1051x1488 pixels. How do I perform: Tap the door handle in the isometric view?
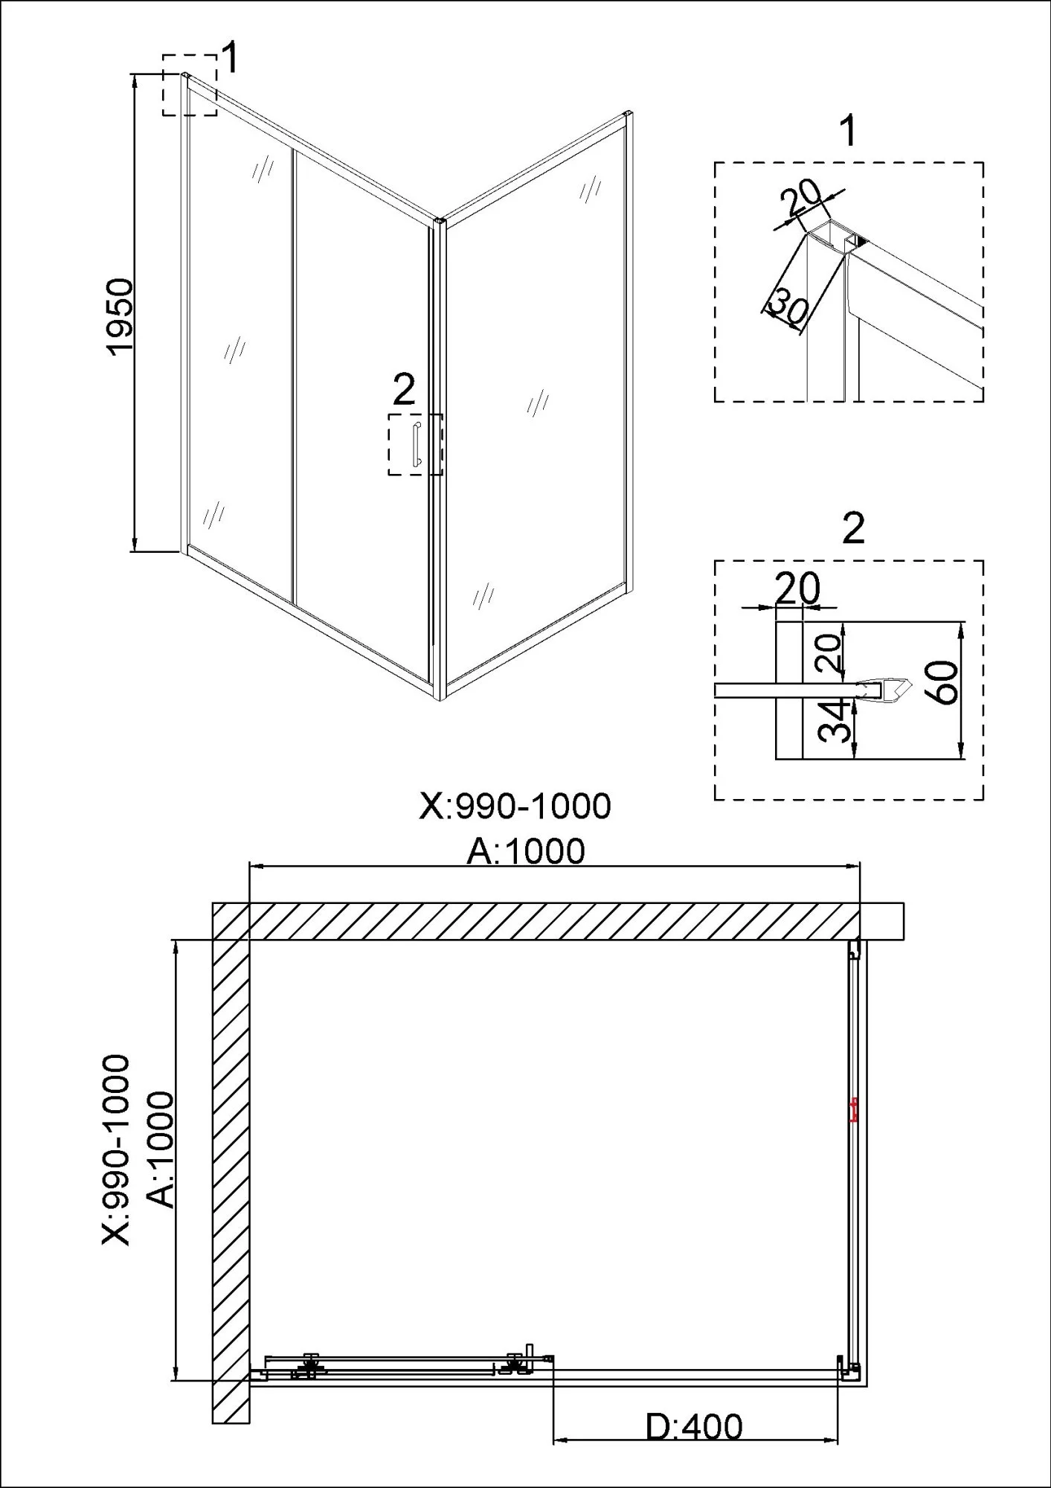click(x=417, y=445)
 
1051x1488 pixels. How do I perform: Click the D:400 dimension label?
click(x=693, y=1427)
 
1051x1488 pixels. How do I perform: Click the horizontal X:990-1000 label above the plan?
click(x=515, y=806)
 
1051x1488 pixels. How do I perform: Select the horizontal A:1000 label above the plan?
click(x=526, y=851)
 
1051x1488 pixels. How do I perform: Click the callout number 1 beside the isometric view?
click(x=231, y=58)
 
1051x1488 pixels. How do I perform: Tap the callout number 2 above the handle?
click(x=404, y=390)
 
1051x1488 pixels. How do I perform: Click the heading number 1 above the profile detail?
click(x=847, y=132)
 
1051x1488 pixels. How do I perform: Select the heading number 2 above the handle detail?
click(x=853, y=529)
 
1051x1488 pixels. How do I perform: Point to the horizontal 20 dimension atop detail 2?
click(x=797, y=589)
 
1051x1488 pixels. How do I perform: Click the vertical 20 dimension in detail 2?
click(x=832, y=653)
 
